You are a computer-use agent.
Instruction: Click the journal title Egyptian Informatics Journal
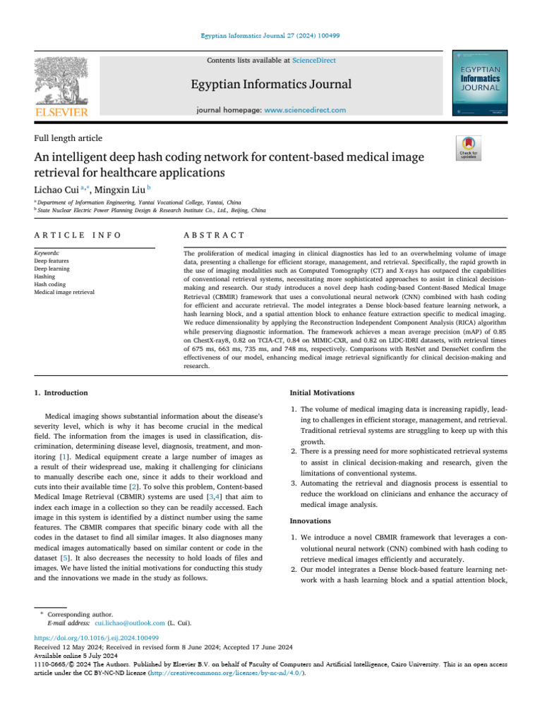[271, 85]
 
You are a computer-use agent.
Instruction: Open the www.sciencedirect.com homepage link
[305, 110]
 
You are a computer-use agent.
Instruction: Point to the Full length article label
[68, 138]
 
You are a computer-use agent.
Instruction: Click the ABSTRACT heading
[214, 235]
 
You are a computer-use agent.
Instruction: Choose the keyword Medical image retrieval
[64, 292]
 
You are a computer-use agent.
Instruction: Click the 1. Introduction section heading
[61, 393]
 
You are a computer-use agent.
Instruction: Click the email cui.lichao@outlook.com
[130, 623]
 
